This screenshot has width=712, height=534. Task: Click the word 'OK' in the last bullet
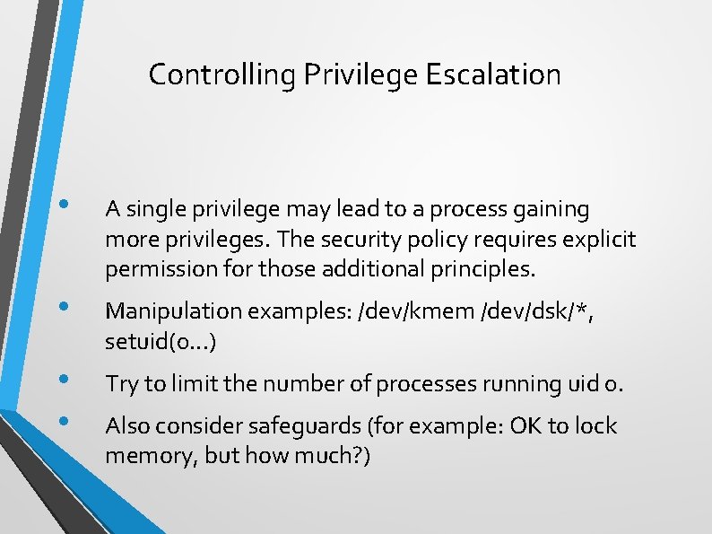(x=524, y=426)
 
